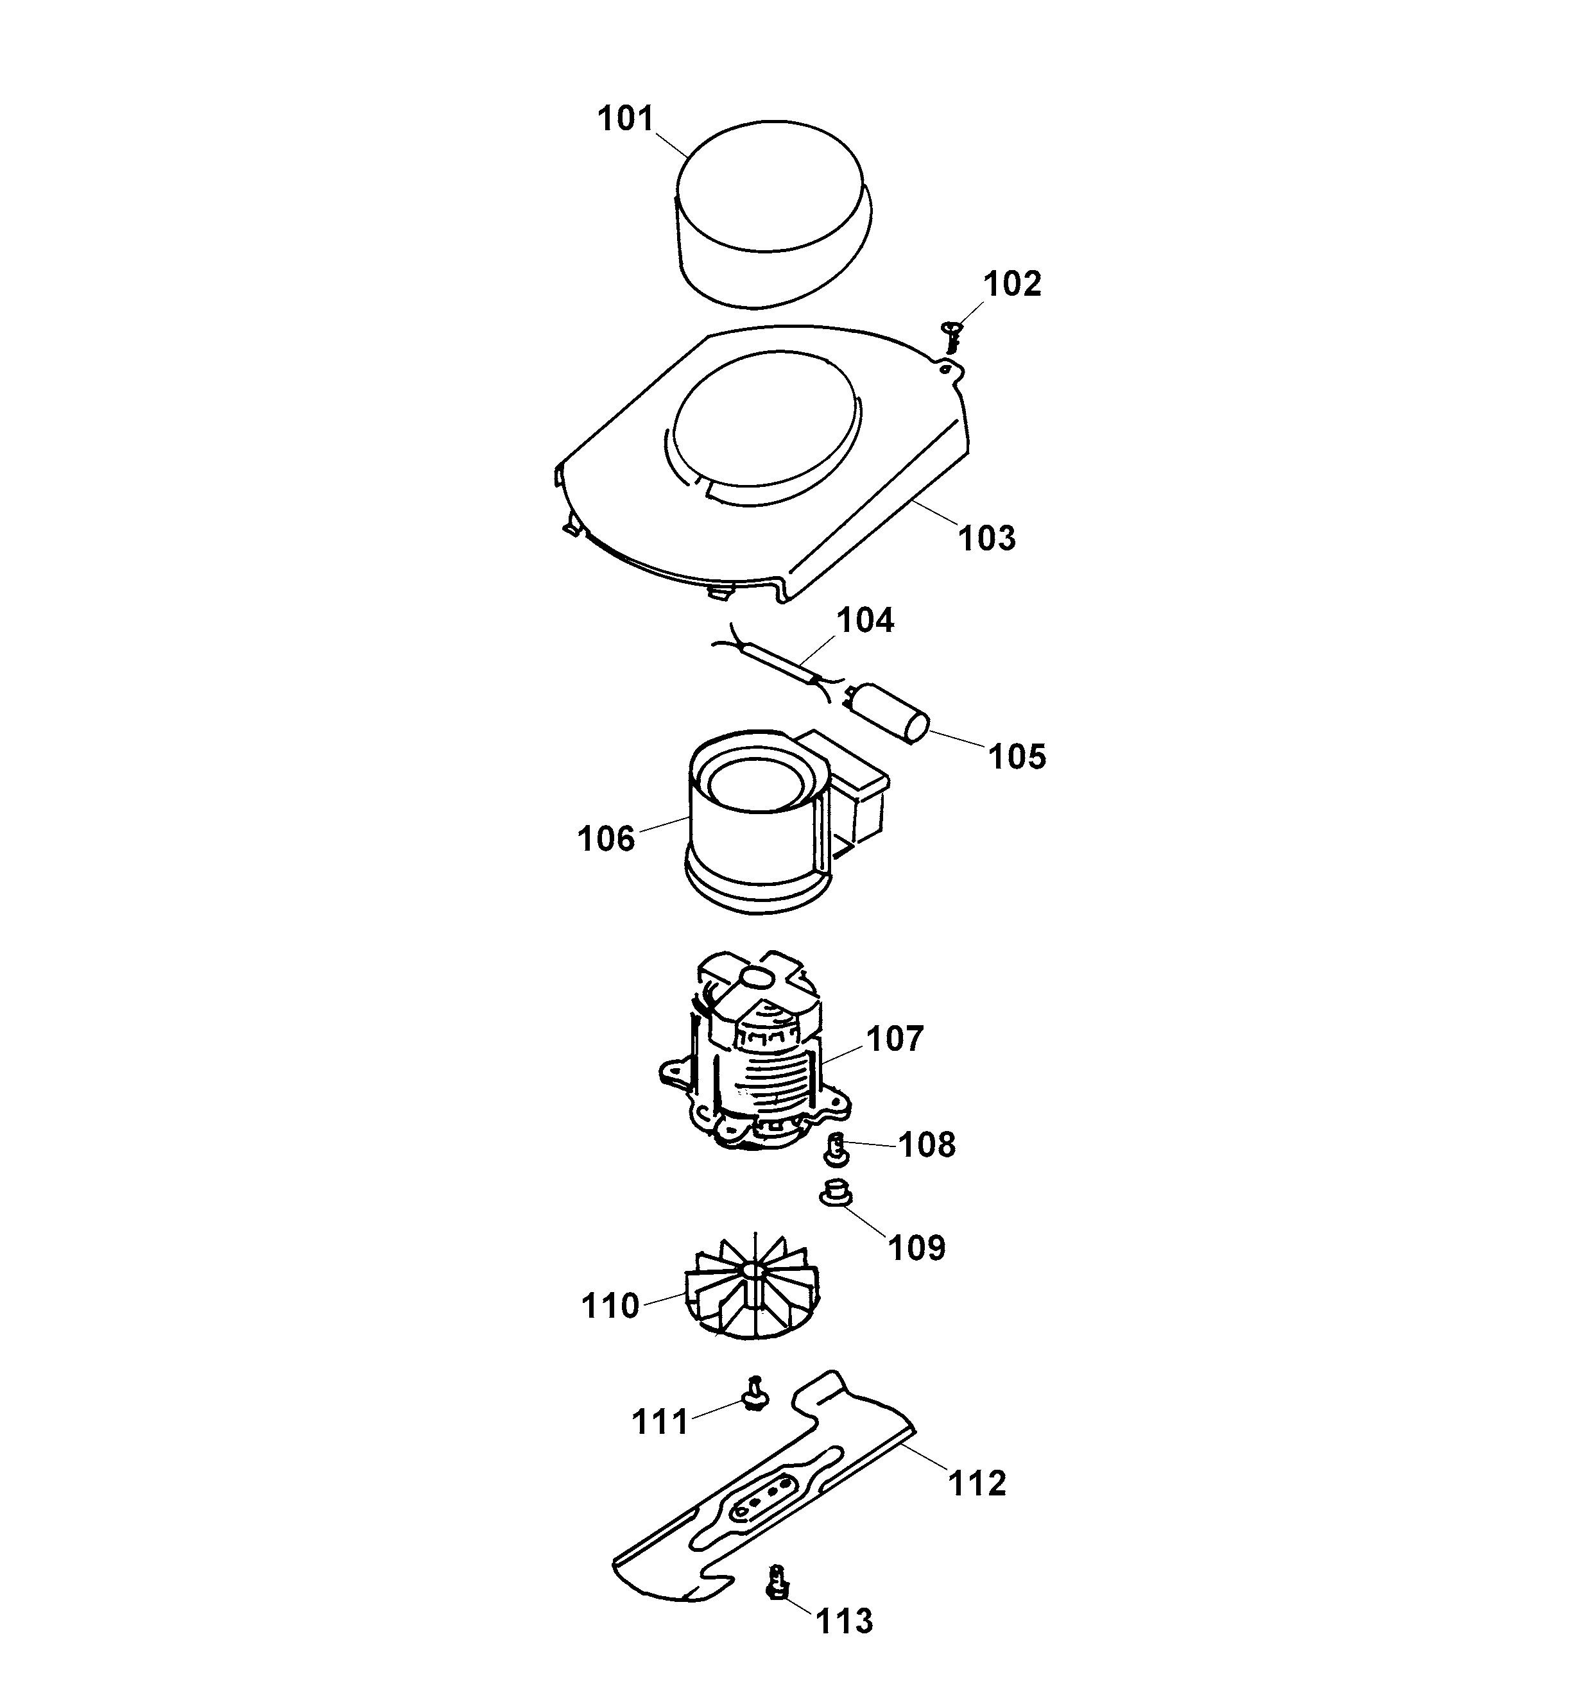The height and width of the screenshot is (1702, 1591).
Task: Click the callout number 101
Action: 626,118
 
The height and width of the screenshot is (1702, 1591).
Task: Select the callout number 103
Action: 986,538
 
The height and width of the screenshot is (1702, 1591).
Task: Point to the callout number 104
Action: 865,621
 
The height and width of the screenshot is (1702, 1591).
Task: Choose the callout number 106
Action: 606,839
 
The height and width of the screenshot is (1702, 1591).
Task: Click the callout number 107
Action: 895,1039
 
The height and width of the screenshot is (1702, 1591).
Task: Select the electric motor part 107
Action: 753,1057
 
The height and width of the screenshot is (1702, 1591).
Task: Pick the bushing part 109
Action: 834,1192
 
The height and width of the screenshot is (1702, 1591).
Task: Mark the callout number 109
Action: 916,1247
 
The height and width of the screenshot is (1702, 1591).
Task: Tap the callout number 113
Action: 845,1621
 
